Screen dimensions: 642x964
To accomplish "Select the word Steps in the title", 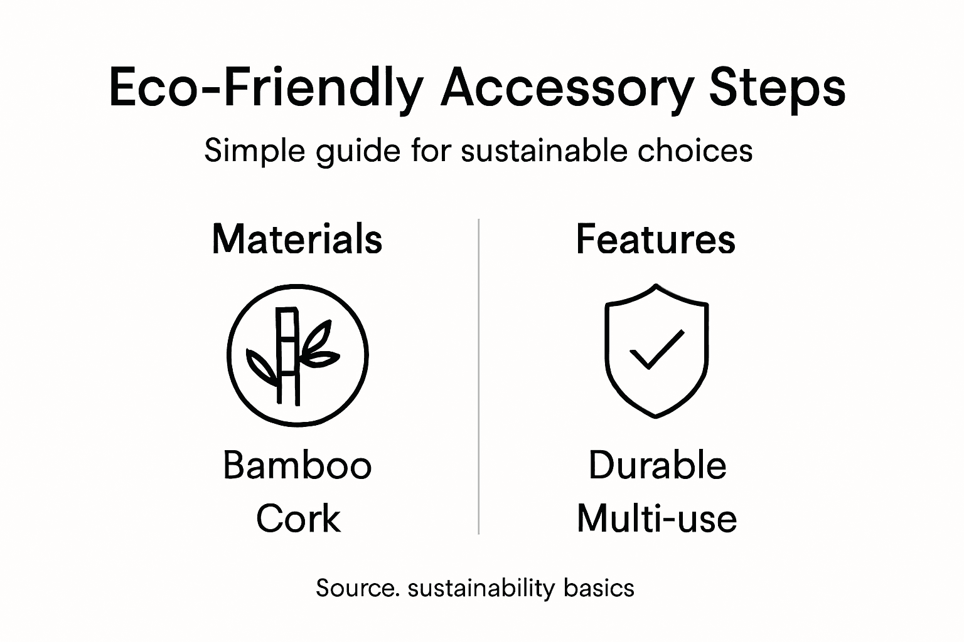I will (x=777, y=89).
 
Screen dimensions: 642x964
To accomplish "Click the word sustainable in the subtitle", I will (x=544, y=151).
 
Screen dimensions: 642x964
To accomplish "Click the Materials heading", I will (x=297, y=239).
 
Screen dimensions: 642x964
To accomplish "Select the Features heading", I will (x=655, y=239).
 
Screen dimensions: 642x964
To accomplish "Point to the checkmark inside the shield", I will (x=656, y=349).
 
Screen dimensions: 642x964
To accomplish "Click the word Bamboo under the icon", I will (x=297, y=466).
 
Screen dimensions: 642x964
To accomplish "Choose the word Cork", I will (x=298, y=518).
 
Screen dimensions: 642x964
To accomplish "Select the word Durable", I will (x=657, y=466).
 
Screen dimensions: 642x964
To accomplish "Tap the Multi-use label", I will (x=656, y=518).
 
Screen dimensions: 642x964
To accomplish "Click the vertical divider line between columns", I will (x=479, y=376).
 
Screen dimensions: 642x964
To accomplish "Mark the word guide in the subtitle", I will (x=358, y=152).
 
